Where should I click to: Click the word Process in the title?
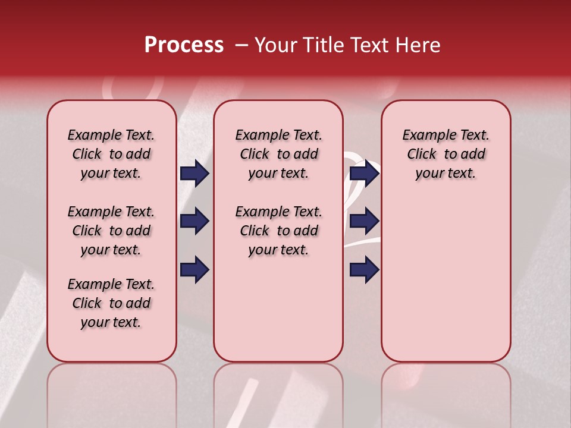pos(184,45)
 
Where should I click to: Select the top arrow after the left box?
pos(194,173)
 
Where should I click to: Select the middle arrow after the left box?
pos(194,221)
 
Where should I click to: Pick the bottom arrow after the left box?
pos(194,269)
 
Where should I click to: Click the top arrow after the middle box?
pos(364,173)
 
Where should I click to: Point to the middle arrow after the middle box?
pos(364,221)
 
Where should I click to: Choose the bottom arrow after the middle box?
pos(364,269)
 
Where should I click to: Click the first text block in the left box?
pos(111,154)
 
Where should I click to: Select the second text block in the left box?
pos(111,231)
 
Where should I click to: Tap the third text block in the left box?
pos(111,303)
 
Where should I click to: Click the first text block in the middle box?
pos(278,154)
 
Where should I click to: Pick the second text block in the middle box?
pos(278,231)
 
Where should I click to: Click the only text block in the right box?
pos(446,154)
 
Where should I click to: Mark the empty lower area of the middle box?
pos(278,309)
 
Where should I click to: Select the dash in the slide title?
pos(241,45)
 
